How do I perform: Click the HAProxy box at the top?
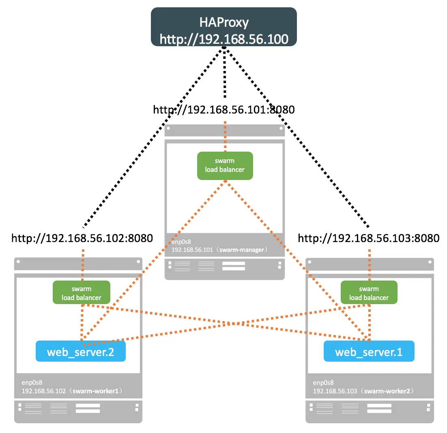tap(224, 27)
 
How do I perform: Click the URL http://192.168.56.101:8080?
tap(224, 110)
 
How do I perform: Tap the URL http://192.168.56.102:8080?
tap(82, 238)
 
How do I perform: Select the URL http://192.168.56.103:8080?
tap(369, 238)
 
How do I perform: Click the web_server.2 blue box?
tap(81, 351)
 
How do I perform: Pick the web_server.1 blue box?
tap(369, 351)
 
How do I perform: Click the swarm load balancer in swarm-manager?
tap(225, 165)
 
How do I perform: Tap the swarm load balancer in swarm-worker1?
tap(82, 293)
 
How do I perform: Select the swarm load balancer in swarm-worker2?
tap(369, 293)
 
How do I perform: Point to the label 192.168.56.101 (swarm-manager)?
tap(219, 250)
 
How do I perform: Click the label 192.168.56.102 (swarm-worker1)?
tap(72, 391)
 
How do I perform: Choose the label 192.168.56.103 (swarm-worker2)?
tap(363, 391)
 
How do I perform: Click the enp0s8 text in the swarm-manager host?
tap(181, 242)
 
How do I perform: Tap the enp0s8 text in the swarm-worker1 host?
tap(32, 383)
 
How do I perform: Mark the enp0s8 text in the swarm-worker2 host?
tap(323, 383)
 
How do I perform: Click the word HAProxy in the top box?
tap(224, 22)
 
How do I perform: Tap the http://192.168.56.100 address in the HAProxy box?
tap(224, 39)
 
